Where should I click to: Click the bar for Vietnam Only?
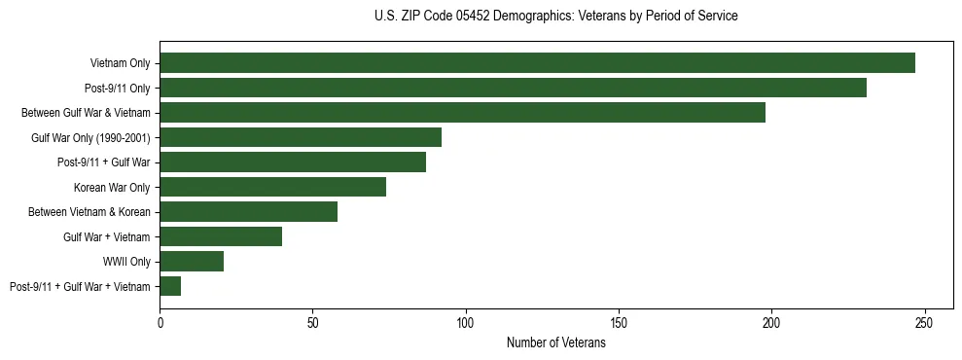click(537, 63)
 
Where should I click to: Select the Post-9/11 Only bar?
click(513, 88)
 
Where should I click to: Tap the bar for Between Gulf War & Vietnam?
click(462, 113)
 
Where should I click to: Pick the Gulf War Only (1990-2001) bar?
click(301, 137)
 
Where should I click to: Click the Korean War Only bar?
click(272, 187)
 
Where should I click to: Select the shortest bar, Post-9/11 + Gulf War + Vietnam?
click(170, 286)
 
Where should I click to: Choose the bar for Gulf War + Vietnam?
click(221, 236)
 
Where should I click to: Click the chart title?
click(555, 17)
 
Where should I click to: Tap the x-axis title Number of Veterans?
click(555, 343)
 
